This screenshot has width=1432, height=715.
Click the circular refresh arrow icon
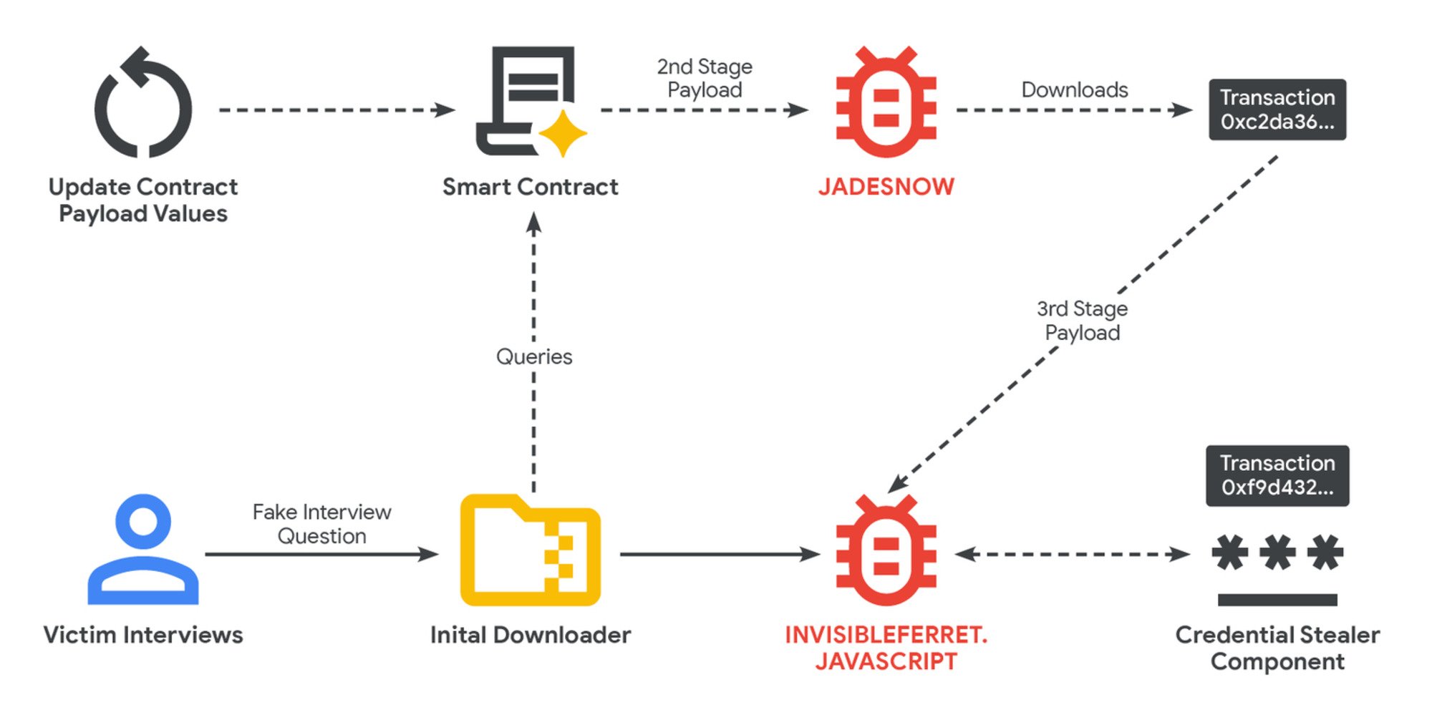(143, 104)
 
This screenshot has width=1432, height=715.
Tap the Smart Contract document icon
(526, 100)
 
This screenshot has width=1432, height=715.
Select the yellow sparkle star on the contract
(563, 134)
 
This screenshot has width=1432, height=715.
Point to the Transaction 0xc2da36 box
(1277, 110)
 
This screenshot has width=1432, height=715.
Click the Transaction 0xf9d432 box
(1277, 476)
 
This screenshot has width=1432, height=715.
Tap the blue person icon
(143, 550)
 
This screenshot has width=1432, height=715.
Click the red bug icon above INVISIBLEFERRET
(886, 551)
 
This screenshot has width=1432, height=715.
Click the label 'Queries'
(534, 356)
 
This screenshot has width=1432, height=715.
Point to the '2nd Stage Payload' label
(705, 78)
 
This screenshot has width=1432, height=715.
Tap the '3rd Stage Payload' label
(1082, 321)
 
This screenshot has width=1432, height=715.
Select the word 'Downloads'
(1074, 90)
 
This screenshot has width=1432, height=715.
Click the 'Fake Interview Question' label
(321, 524)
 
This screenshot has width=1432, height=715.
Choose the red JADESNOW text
(886, 187)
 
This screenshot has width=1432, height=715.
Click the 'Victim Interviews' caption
(143, 635)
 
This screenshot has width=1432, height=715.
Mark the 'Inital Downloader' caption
(530, 635)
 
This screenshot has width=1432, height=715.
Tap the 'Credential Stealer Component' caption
(1277, 648)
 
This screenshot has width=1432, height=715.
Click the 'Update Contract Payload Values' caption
(143, 200)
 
